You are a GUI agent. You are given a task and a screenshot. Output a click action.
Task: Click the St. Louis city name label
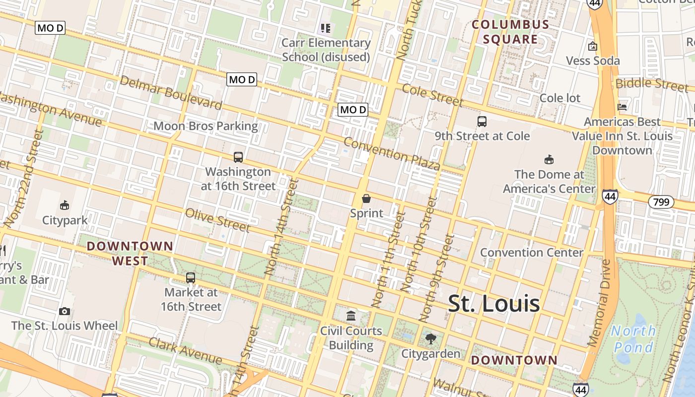coord(493,304)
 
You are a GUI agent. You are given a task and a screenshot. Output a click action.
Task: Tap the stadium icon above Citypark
coord(64,205)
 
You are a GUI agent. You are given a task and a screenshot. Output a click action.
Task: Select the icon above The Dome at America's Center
coord(549,160)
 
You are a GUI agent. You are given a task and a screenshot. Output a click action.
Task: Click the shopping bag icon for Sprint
coord(366,198)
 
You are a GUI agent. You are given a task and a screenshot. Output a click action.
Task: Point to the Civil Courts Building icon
coord(351,316)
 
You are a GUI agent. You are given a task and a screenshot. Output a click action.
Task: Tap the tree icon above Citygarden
coord(430,339)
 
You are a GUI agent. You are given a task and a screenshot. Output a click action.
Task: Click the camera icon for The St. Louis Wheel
coord(64,311)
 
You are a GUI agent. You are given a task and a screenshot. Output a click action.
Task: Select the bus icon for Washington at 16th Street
coord(238,157)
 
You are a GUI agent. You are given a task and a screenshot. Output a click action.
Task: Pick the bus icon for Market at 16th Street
coord(191,278)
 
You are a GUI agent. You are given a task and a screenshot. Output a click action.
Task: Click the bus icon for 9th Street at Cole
coord(482,121)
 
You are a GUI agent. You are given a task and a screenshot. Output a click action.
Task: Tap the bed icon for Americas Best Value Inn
coord(622,107)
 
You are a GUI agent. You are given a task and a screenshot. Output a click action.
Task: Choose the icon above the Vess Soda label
coord(592,47)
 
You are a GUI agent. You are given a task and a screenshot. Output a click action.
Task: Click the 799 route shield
coord(661,202)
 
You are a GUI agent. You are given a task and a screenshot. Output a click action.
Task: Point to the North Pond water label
coord(632,338)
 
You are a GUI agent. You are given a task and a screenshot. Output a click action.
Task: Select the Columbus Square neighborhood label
coord(510,32)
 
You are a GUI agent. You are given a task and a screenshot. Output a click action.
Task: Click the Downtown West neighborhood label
coord(130,253)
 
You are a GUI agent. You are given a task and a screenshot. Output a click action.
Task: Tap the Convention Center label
coord(532,252)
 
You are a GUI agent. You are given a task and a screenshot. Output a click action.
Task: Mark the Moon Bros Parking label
coord(206,126)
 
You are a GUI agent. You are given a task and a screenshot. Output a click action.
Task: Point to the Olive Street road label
coord(217,220)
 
